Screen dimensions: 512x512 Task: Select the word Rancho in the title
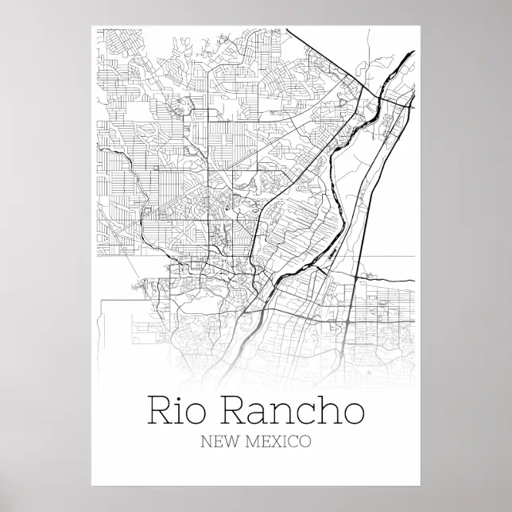pyautogui.click(x=291, y=411)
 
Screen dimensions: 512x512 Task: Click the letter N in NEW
pyautogui.click(x=208, y=440)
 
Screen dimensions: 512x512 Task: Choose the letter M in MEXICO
pyautogui.click(x=255, y=440)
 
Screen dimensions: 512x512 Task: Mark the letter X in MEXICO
pyautogui.click(x=277, y=440)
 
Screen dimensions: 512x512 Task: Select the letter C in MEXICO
pyautogui.click(x=292, y=440)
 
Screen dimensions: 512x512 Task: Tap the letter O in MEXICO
pyautogui.click(x=304, y=440)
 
